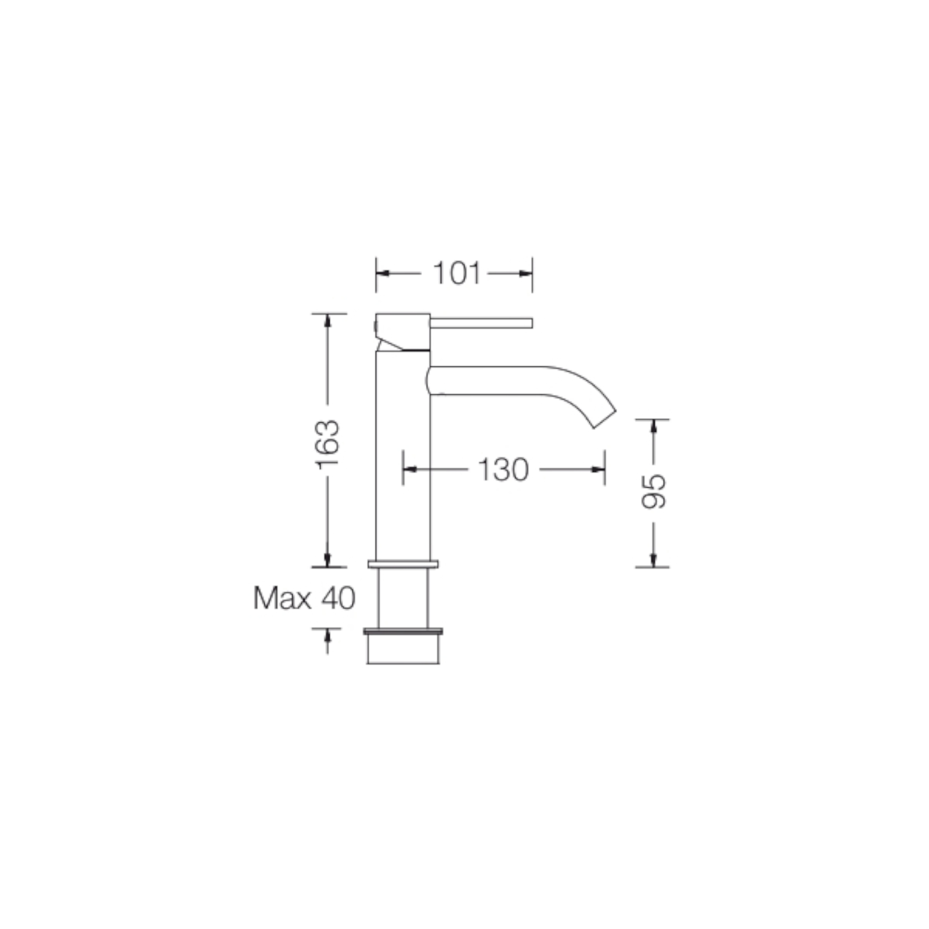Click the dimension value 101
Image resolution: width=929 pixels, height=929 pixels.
458,273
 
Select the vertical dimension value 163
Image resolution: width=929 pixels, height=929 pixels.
327,444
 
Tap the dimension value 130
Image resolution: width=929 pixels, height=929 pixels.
503,469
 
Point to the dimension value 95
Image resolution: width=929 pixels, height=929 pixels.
654,492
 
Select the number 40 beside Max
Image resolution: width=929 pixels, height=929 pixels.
339,598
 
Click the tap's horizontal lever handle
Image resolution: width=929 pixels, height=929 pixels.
481,323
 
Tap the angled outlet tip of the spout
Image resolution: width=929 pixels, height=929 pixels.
604,419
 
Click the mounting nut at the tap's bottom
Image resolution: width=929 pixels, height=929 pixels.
404,649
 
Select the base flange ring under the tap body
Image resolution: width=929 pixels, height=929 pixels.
403,564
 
